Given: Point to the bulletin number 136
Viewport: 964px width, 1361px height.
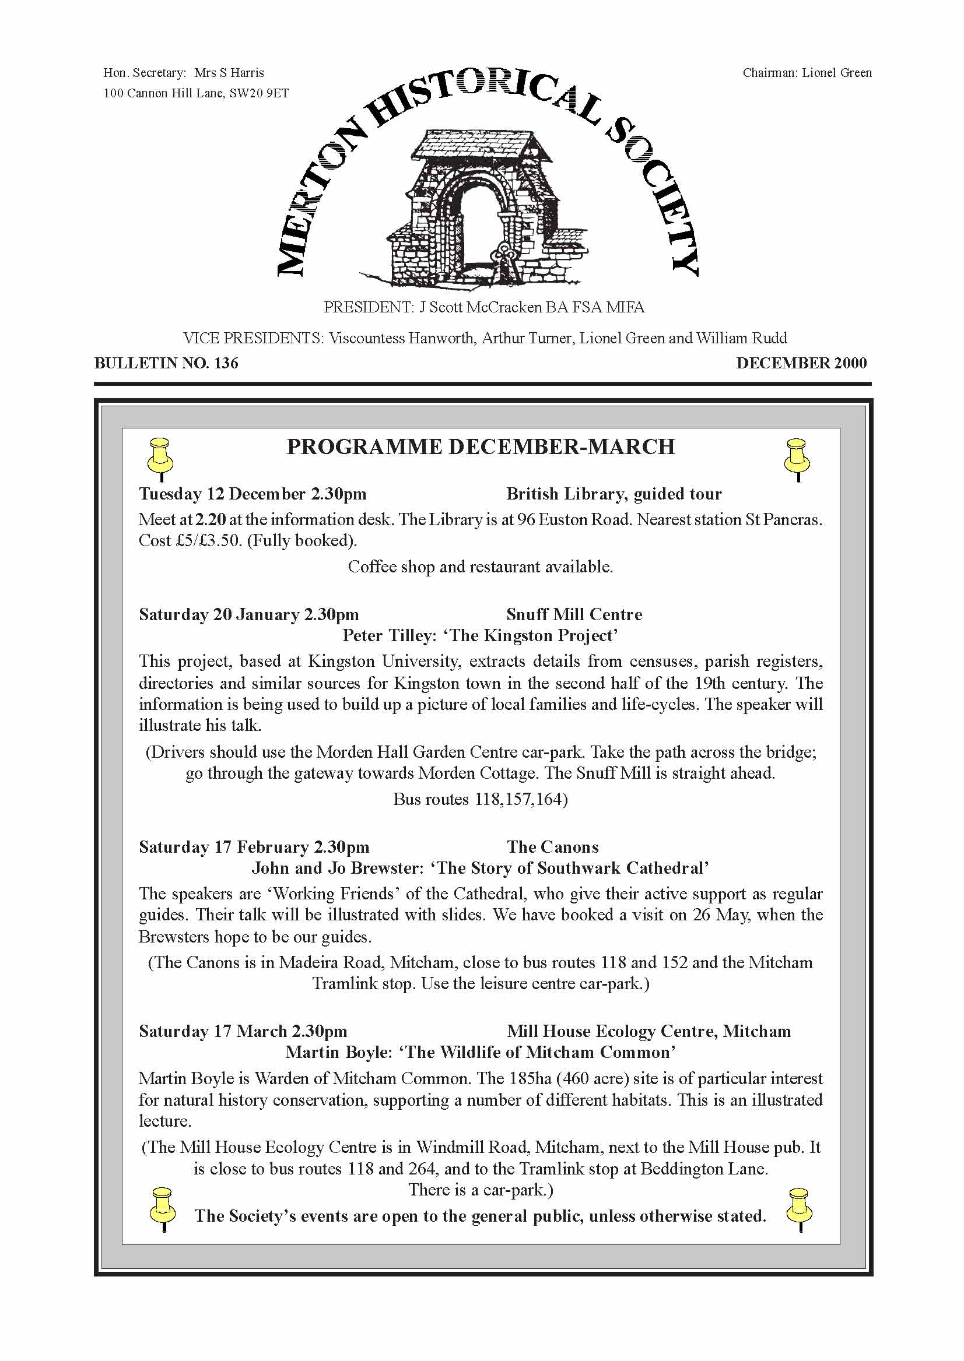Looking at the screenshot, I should pos(226,363).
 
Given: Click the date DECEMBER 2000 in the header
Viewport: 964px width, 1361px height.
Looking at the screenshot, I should pos(801,363).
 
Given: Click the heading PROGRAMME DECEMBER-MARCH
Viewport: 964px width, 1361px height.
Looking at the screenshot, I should pos(481,446).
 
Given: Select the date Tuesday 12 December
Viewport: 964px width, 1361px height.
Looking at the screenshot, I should pos(223,494).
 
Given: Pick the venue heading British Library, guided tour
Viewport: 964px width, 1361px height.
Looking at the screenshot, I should pos(614,494).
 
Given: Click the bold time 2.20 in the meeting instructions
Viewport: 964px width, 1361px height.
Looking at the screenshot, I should pos(210,520).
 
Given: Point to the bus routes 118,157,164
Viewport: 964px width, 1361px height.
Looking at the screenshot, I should pos(520,799).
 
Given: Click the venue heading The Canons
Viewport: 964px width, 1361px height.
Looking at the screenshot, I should pos(552,847).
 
